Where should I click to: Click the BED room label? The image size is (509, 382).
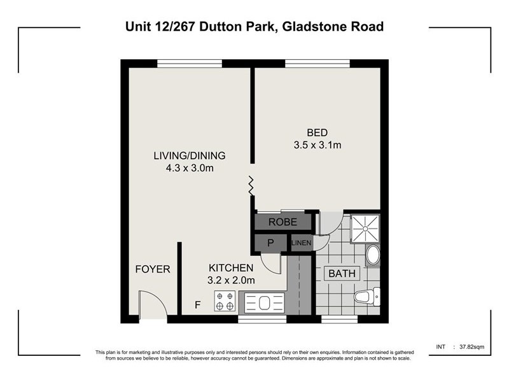(x=317, y=132)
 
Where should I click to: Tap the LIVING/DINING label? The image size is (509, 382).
(x=190, y=155)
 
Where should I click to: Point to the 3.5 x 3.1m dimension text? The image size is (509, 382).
(x=317, y=145)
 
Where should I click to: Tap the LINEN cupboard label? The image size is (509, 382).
(x=302, y=243)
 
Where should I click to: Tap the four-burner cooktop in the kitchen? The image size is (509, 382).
(x=224, y=300)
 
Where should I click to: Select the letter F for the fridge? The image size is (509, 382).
(x=198, y=304)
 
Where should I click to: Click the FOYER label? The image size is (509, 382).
(x=153, y=269)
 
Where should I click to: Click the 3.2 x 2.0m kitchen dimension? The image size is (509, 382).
(x=231, y=280)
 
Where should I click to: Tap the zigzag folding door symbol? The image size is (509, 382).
(x=251, y=186)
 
